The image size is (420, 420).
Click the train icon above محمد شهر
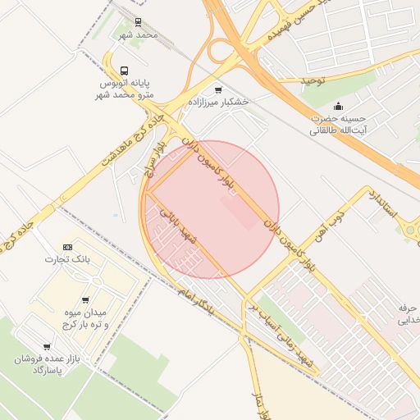[x=137, y=23]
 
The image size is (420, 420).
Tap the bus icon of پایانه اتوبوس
[x=124, y=71]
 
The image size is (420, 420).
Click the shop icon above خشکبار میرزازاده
[x=217, y=89]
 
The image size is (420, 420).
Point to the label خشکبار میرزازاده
[x=218, y=103]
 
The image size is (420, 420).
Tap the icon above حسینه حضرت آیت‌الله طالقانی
[x=338, y=106]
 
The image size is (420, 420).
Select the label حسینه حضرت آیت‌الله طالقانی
[x=338, y=124]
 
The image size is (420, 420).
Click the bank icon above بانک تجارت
[x=67, y=247]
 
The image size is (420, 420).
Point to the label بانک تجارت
[x=66, y=260]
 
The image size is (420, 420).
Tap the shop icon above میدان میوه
[x=85, y=300]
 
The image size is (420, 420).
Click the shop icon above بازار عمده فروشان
[x=46, y=347]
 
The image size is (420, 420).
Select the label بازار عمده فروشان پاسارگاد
[x=43, y=365]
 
